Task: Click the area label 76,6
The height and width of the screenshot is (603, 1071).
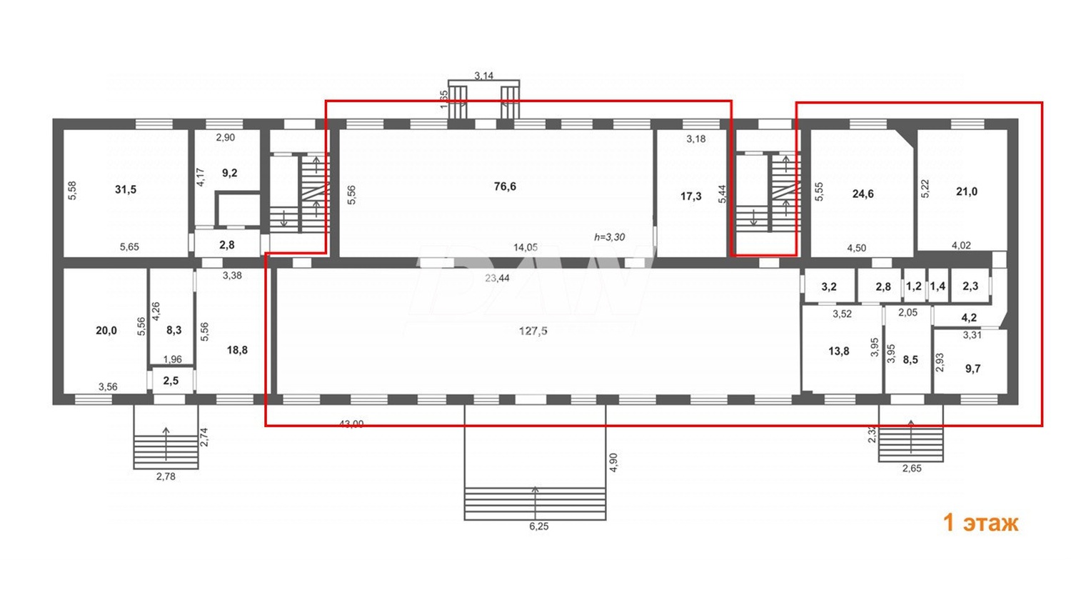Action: pos(505,186)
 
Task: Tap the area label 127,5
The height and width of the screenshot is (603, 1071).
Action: pos(533,331)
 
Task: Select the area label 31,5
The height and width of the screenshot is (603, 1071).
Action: pos(126,189)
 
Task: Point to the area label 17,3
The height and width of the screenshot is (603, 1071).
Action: pos(690,196)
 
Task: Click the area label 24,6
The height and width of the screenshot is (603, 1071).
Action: pos(863,194)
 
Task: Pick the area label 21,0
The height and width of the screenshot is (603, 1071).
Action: pos(966,191)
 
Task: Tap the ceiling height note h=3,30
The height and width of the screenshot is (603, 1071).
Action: pos(609,237)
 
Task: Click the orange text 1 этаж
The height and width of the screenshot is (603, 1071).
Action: pos(980,522)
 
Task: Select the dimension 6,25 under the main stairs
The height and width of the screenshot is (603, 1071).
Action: pos(538,527)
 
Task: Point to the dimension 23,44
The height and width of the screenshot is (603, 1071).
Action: pos(497,278)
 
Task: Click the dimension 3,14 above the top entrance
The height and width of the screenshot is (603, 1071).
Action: pos(483,76)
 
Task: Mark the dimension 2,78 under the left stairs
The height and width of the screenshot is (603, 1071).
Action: pos(166,477)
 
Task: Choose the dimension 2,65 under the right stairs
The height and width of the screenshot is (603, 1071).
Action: pos(911,469)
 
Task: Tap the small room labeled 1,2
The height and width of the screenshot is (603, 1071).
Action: pos(913,286)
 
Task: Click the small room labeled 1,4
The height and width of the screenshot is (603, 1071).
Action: pos(937,286)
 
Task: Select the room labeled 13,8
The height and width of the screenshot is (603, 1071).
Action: pos(838,351)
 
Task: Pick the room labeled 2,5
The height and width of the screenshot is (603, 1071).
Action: pos(171,381)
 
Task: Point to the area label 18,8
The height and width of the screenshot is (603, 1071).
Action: pos(237,350)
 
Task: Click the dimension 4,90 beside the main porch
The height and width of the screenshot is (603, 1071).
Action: pos(613,462)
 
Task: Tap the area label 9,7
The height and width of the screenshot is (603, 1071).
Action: pos(972,369)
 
